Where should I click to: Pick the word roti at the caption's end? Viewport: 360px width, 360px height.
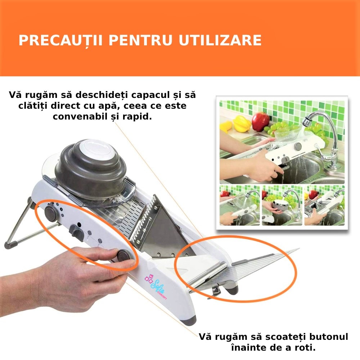307,348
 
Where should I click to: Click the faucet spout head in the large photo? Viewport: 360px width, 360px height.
306,121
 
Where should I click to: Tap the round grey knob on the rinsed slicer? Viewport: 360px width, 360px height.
297,147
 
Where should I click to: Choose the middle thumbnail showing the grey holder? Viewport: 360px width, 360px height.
282,205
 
